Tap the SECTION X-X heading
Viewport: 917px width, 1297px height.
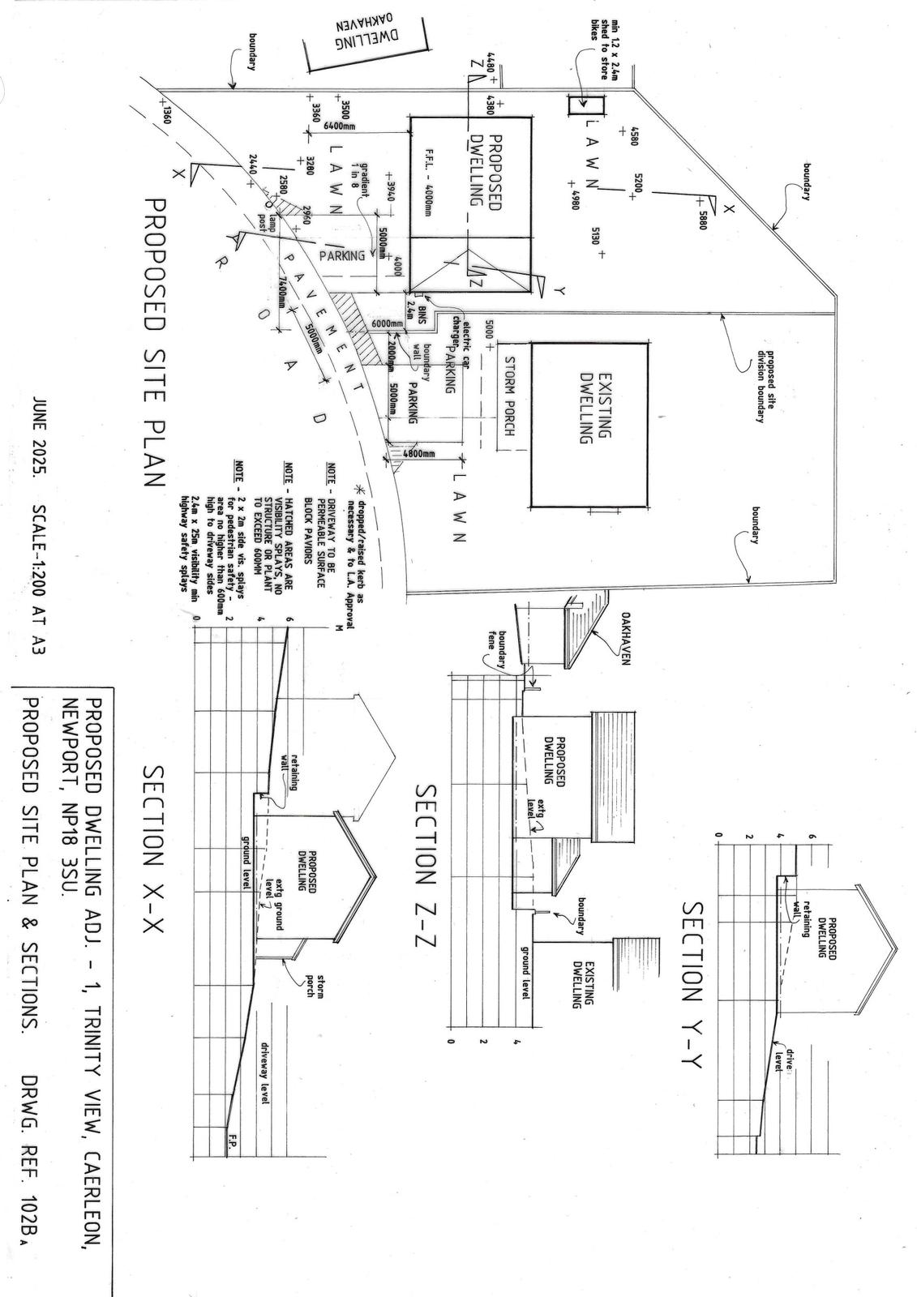point(154,847)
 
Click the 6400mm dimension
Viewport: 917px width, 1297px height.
point(340,126)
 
